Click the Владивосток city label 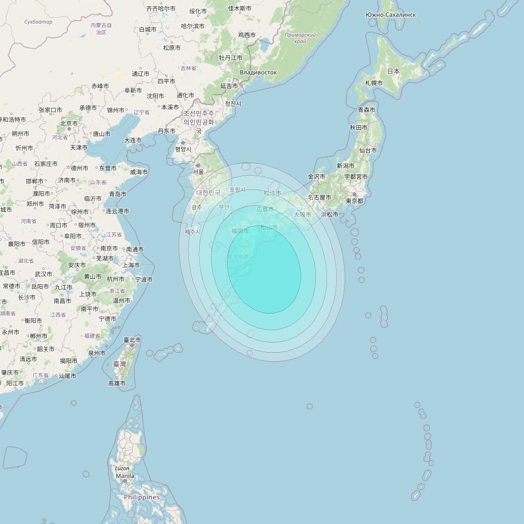coord(258,72)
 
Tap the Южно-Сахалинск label coord(390,14)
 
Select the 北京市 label coord(69,123)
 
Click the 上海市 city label coord(131,265)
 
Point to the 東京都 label coord(354,201)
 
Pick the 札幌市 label coord(374,83)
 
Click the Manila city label coord(125,476)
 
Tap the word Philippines coord(142,497)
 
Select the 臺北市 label coord(132,340)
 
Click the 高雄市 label coord(117,383)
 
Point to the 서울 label coord(199,172)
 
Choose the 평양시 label coord(183,149)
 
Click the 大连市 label coord(133,140)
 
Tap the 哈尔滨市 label coord(193,26)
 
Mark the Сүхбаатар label coord(39,22)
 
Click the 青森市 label coord(367,110)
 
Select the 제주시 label coord(192,232)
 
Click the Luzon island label coord(122,468)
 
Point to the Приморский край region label coord(300,38)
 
